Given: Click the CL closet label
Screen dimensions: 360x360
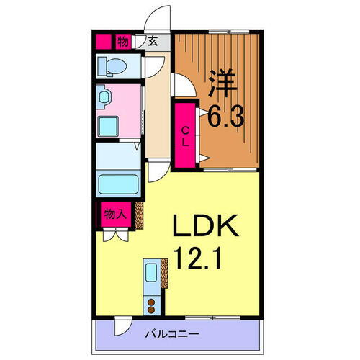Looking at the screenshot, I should [186, 136].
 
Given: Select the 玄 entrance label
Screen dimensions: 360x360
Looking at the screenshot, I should [153, 42].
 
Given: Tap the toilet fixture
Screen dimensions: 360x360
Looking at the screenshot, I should [113, 66].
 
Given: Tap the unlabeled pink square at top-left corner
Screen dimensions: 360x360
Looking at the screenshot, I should [102, 41].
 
